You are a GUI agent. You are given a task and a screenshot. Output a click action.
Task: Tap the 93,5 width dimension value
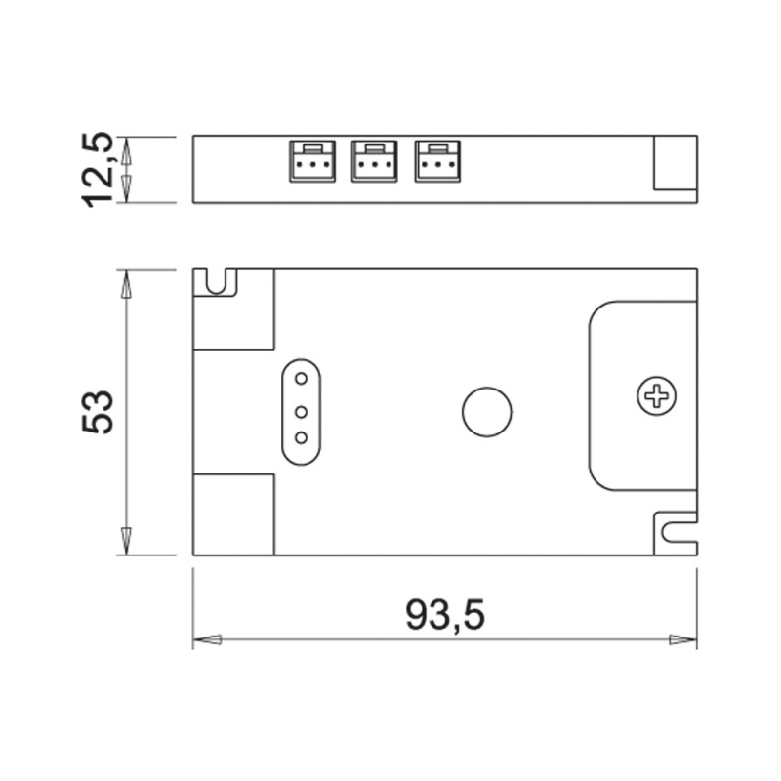point(444,615)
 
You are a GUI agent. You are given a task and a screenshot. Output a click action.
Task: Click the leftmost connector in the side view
point(310,162)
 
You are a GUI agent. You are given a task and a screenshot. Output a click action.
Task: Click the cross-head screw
point(655,395)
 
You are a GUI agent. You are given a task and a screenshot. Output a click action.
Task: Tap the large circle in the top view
point(486,411)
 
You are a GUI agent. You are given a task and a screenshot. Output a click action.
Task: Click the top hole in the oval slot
point(302,379)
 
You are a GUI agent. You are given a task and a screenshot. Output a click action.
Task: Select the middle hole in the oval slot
point(302,411)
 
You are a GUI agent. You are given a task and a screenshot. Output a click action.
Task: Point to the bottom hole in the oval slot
point(302,439)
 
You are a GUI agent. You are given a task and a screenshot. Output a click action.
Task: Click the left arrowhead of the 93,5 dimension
point(207,640)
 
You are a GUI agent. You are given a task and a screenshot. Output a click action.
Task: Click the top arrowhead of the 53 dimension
point(125,284)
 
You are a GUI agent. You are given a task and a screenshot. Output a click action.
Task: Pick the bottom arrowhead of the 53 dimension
point(125,540)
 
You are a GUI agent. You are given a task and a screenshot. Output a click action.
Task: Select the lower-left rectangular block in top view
point(233,514)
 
